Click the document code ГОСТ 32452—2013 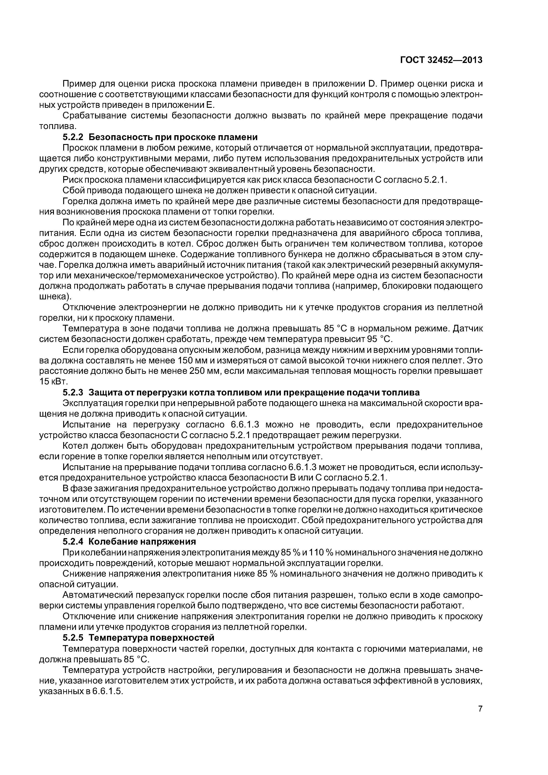(x=441, y=60)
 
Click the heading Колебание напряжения (x=142, y=542)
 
